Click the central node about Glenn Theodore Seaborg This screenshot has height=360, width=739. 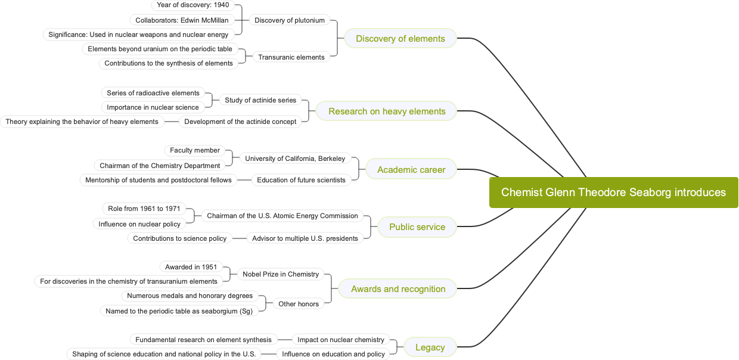point(613,193)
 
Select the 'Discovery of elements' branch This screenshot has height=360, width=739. point(400,39)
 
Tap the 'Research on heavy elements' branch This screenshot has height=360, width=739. point(387,111)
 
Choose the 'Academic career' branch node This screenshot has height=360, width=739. point(411,170)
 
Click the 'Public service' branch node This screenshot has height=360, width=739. point(417,227)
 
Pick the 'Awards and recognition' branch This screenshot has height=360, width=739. point(398,289)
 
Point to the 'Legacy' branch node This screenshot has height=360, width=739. point(430,347)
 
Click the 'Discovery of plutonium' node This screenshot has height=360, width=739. point(290,20)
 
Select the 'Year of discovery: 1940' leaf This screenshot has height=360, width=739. point(193,5)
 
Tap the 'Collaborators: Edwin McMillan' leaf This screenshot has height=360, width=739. point(182,20)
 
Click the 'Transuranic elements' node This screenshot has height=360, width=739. point(291,57)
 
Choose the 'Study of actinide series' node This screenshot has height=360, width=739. point(260,100)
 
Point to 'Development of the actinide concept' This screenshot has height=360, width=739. point(240,122)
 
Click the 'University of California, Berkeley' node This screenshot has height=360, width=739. point(295,159)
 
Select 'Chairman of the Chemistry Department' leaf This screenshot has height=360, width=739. point(160,166)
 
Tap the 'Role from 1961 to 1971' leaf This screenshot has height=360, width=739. point(144,209)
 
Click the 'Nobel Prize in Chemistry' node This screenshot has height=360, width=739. point(281,274)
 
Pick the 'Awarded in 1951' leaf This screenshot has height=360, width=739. point(191,267)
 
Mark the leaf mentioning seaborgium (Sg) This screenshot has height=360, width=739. point(179,311)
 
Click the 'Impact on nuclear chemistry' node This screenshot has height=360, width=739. point(341,340)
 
